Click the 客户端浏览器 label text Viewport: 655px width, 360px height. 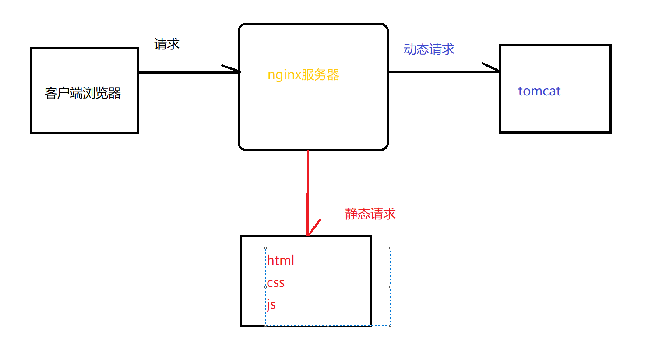click(83, 93)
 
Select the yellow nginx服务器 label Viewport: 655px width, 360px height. click(303, 75)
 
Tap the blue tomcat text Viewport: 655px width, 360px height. click(539, 91)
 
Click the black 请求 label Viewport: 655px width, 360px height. click(167, 44)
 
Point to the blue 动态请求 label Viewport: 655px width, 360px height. click(429, 49)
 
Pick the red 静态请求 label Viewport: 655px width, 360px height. click(370, 214)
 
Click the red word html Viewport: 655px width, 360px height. click(280, 261)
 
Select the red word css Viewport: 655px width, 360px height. click(276, 283)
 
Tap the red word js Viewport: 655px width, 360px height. click(271, 305)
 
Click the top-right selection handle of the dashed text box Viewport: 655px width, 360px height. click(390, 248)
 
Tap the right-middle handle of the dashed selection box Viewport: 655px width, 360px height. click(390, 287)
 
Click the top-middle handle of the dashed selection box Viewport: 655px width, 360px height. click(328, 248)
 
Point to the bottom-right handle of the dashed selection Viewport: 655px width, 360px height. click(390, 325)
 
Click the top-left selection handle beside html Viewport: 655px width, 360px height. click(266, 248)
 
